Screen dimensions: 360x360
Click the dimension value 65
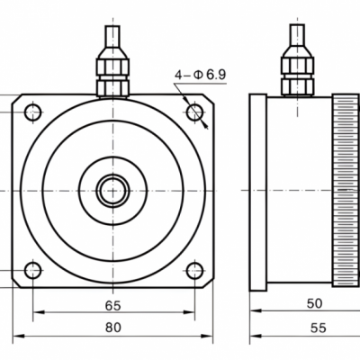[x=113, y=305]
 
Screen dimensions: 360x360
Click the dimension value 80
[x=113, y=328]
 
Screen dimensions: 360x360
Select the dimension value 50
[x=314, y=303]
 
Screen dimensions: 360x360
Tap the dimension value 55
[x=318, y=328]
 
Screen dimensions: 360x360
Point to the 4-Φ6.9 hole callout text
[x=201, y=75]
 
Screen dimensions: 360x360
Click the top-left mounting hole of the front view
[x=32, y=112]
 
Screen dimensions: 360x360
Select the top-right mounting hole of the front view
[x=194, y=112]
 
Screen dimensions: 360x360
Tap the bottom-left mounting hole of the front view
[x=32, y=270]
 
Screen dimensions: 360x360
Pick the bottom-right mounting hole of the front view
[x=194, y=270]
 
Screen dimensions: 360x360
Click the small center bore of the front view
[x=113, y=191]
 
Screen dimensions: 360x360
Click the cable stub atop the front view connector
[x=112, y=36]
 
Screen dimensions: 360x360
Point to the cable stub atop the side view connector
[x=297, y=35]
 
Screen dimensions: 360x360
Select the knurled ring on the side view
[x=346, y=191]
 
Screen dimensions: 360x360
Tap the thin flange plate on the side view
[x=258, y=193]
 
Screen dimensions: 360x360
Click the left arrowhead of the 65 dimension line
[x=39, y=312]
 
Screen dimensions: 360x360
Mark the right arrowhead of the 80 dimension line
[x=206, y=337]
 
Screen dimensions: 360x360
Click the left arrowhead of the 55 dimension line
[x=256, y=336]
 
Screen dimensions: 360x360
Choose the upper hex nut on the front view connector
[x=112, y=67]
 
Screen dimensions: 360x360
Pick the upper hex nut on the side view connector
[x=297, y=66]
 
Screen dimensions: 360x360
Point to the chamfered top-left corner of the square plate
[x=17, y=99]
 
